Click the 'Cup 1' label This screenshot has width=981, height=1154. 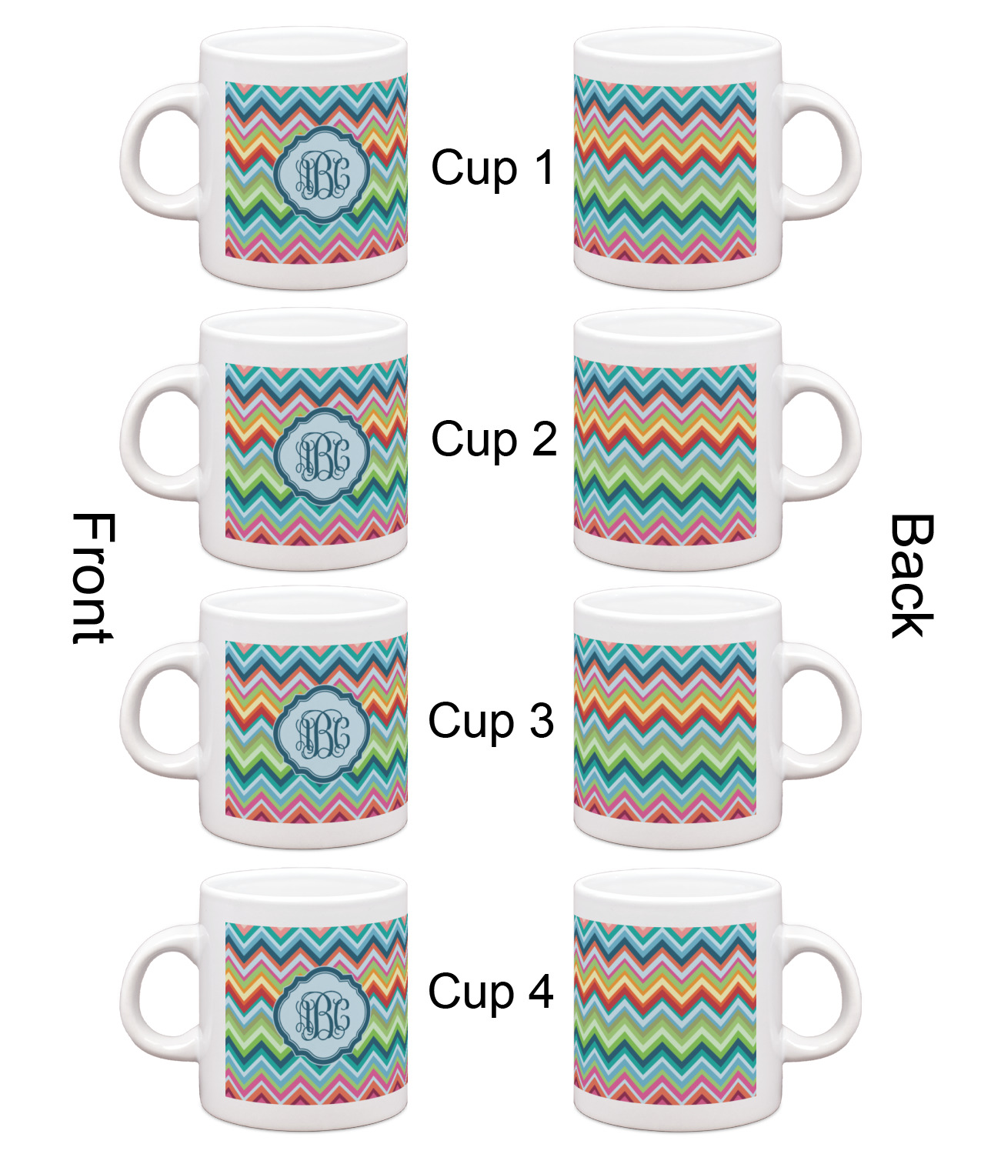(x=492, y=168)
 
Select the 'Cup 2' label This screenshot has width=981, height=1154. (x=493, y=439)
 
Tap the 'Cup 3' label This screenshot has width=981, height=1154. (x=491, y=722)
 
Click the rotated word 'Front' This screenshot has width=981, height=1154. (x=93, y=579)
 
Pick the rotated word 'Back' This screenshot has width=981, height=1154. (x=911, y=576)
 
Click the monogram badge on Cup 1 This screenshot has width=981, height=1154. (x=322, y=176)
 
